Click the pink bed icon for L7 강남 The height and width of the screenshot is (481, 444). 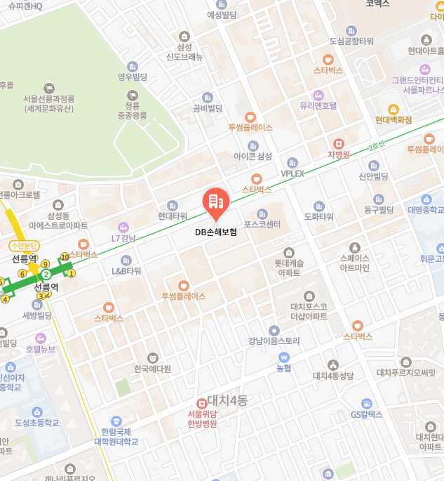click(x=123, y=227)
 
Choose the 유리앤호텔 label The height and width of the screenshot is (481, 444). click(x=318, y=106)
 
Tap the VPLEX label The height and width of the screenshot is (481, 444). click(x=292, y=173)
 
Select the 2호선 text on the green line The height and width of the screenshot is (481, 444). click(x=377, y=148)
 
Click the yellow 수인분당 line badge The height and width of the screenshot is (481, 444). click(x=25, y=246)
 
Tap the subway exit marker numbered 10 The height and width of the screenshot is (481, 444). click(x=65, y=257)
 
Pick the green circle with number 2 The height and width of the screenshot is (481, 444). click(x=46, y=274)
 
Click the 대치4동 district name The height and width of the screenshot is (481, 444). click(x=227, y=401)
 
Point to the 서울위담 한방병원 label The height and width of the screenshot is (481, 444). click(x=203, y=419)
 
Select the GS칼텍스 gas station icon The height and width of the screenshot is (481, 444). click(x=366, y=403)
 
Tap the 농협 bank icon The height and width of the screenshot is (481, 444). click(x=283, y=356)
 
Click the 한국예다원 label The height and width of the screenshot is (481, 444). click(x=152, y=369)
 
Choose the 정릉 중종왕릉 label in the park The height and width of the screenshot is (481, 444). click(x=132, y=110)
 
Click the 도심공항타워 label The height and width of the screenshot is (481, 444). click(x=351, y=41)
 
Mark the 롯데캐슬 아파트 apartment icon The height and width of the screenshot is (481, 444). click(x=288, y=253)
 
